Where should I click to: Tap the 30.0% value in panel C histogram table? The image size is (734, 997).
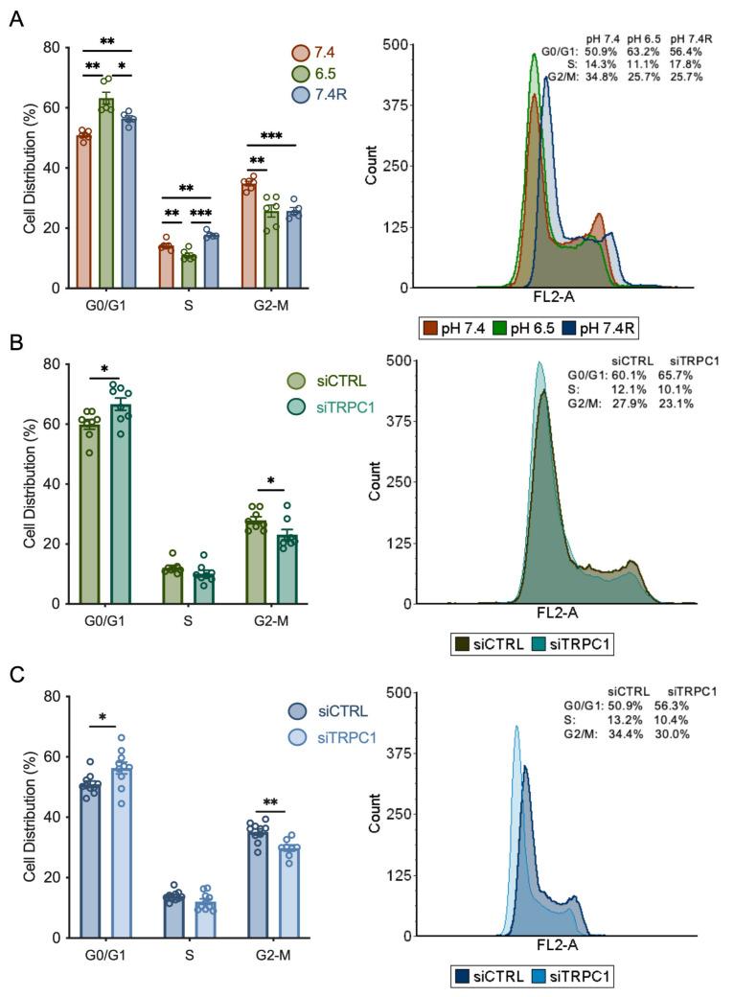pos(675,733)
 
